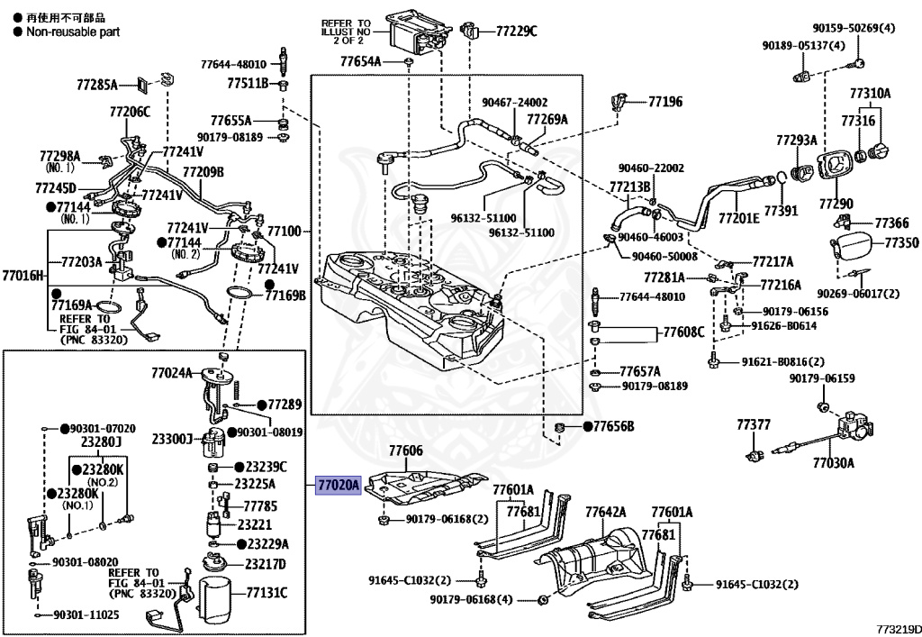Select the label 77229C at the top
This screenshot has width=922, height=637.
[516, 32]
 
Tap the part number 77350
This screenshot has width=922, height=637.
[900, 242]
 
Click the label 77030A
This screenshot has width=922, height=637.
[833, 463]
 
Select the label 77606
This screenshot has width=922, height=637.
[405, 450]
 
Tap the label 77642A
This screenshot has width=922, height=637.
[606, 512]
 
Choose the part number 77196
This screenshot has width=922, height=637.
[665, 102]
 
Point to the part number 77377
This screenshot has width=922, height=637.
[754, 424]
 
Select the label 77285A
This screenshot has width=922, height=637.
[97, 85]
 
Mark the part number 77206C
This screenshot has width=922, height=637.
[130, 112]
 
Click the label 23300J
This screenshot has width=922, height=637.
[172, 439]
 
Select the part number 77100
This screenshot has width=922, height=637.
[283, 232]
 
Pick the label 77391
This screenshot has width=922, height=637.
[781, 211]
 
